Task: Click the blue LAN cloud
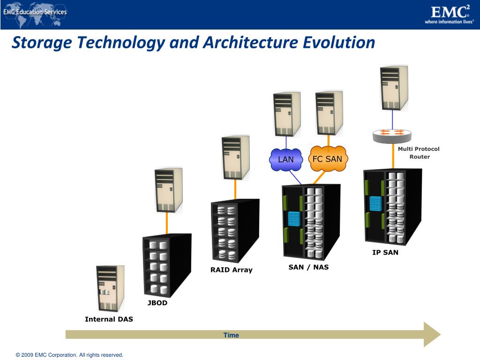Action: coord(286,159)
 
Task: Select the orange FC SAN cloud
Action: coord(328,159)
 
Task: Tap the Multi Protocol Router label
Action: coord(419,153)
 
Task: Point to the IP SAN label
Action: coord(385,252)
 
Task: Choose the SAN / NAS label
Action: coord(308,267)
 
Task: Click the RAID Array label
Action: coord(231,270)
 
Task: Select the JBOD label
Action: coord(157,303)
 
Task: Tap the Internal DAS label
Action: coord(109,319)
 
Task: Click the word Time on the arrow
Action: coord(231,335)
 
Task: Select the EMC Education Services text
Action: coord(35,12)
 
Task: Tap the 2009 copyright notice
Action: coord(69,355)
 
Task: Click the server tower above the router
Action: coord(394,88)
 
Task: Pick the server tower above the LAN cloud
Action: coord(286,114)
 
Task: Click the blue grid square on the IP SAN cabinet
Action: coord(375,203)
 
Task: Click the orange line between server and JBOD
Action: coord(167,224)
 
